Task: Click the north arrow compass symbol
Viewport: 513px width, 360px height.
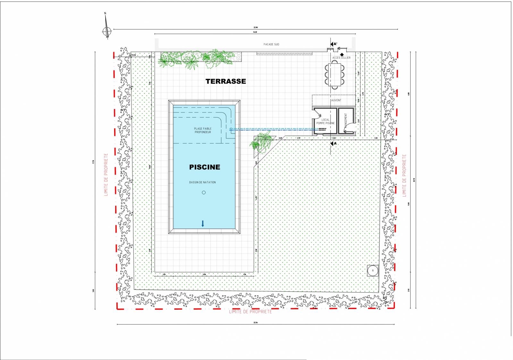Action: (107, 31)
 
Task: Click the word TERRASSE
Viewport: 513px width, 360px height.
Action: (226, 81)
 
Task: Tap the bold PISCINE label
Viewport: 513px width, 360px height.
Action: (205, 167)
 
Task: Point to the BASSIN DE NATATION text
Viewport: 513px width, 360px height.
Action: (202, 182)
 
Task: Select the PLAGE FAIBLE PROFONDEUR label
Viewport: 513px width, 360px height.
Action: (203, 130)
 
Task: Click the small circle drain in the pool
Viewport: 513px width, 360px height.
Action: (204, 192)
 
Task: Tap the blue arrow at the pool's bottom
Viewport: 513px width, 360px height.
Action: (203, 223)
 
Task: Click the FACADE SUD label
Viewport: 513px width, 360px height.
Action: (271, 44)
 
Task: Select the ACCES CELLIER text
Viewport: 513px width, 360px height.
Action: (341, 58)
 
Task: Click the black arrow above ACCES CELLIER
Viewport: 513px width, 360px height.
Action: (342, 54)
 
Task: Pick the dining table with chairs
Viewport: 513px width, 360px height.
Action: (335, 75)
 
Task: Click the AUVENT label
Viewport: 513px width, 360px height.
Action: (336, 100)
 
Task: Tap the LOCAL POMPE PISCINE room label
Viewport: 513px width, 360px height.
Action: (325, 121)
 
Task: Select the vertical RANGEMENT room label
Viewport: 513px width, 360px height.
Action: (346, 121)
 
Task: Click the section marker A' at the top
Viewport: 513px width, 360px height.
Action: (333, 44)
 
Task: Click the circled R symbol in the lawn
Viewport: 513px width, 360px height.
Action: (373, 271)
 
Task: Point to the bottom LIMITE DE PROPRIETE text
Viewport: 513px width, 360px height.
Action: (250, 312)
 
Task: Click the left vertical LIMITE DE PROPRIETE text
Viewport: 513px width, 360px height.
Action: (106, 175)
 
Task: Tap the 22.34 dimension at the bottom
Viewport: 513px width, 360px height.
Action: (256, 322)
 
